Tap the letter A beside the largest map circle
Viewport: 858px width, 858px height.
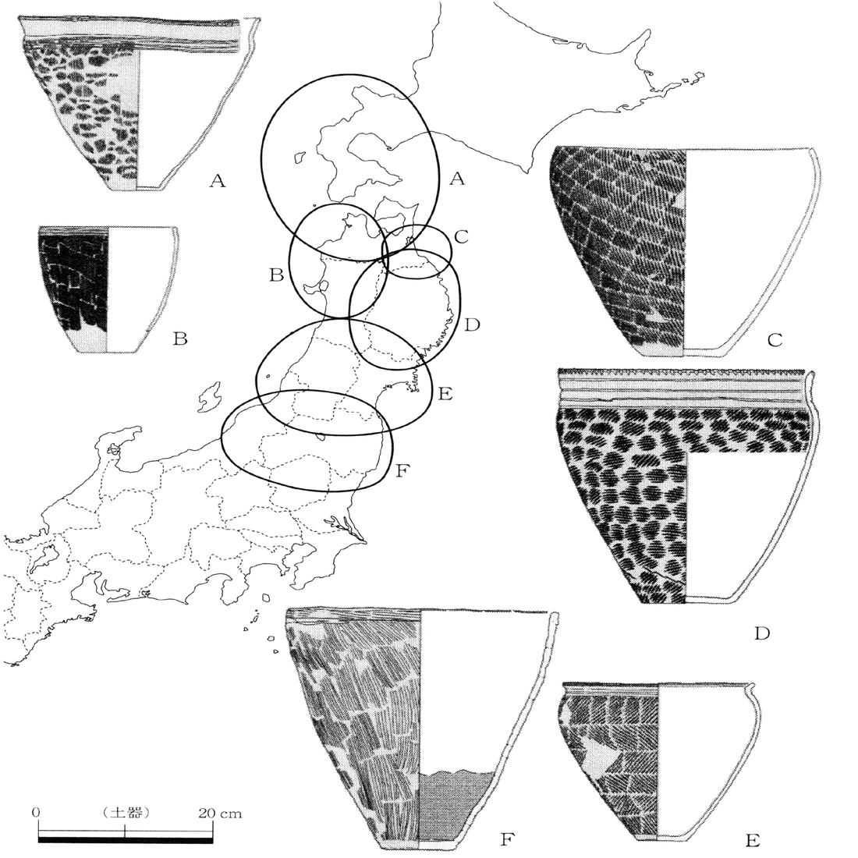(457, 180)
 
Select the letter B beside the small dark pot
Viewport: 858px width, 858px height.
(180, 339)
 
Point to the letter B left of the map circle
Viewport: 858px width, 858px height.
(275, 275)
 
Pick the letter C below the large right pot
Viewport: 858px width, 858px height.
(775, 340)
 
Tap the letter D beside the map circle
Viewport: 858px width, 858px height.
(470, 324)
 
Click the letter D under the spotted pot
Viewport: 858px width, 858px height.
(763, 633)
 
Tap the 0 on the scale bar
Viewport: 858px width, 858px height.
(37, 813)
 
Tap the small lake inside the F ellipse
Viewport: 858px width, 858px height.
(322, 438)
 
